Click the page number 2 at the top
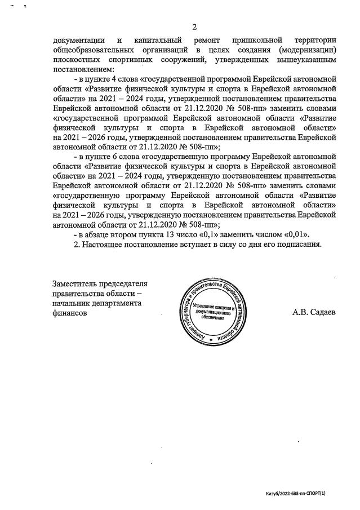(x=194, y=27)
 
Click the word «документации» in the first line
(x=78, y=40)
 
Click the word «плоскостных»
(x=74, y=59)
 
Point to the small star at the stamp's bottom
(x=211, y=341)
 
